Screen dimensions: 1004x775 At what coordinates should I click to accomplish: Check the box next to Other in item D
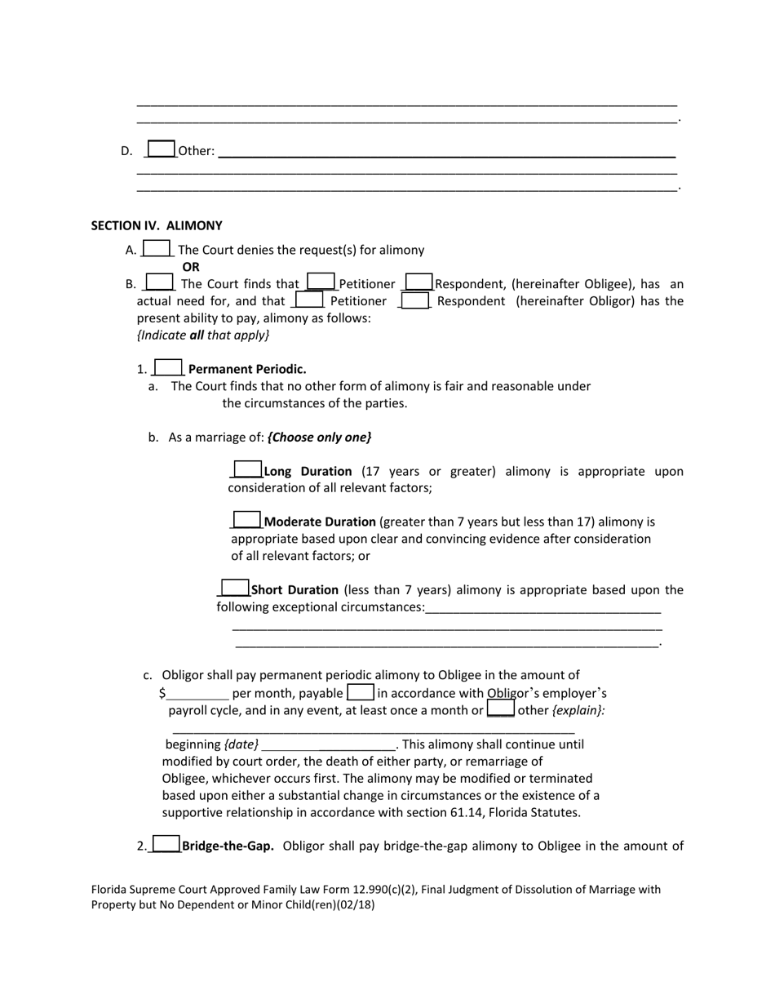point(162,149)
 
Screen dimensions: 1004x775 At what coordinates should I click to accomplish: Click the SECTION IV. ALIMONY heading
point(157,225)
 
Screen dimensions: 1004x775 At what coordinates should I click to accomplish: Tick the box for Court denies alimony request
point(157,249)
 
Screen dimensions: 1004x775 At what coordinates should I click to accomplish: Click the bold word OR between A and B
point(191,267)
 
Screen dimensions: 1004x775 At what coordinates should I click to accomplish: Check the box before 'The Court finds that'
point(160,282)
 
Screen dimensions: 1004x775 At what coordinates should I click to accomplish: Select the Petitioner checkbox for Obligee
point(321,282)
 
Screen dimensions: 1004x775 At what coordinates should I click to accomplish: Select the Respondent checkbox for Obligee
point(418,282)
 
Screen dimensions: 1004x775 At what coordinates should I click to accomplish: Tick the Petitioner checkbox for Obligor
point(309,300)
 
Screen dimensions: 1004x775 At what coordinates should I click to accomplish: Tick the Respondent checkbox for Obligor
point(415,300)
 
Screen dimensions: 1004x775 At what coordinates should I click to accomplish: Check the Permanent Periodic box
point(168,368)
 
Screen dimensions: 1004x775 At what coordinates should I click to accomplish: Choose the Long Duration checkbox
point(248,470)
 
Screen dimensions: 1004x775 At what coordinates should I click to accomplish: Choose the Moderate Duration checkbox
point(247,520)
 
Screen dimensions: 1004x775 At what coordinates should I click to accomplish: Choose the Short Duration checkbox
point(235,589)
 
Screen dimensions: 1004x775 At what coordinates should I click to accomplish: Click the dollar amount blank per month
point(198,694)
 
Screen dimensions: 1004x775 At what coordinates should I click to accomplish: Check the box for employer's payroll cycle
point(361,693)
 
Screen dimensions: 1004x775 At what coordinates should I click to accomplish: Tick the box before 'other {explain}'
point(500,709)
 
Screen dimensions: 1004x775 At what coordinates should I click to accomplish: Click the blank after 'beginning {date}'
point(328,744)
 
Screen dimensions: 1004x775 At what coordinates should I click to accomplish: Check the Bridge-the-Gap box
point(166,845)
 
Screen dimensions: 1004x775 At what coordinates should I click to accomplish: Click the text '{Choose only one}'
point(319,437)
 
